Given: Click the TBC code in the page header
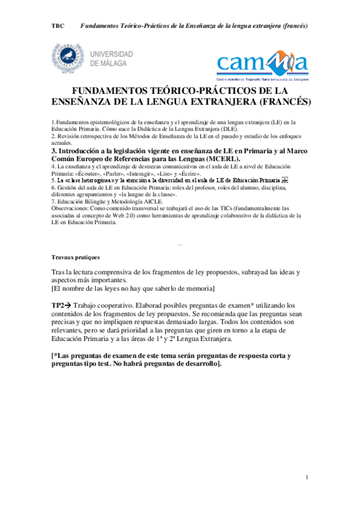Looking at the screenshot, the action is [x=58, y=27].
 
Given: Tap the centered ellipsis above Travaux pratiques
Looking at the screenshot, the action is [x=180, y=244].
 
